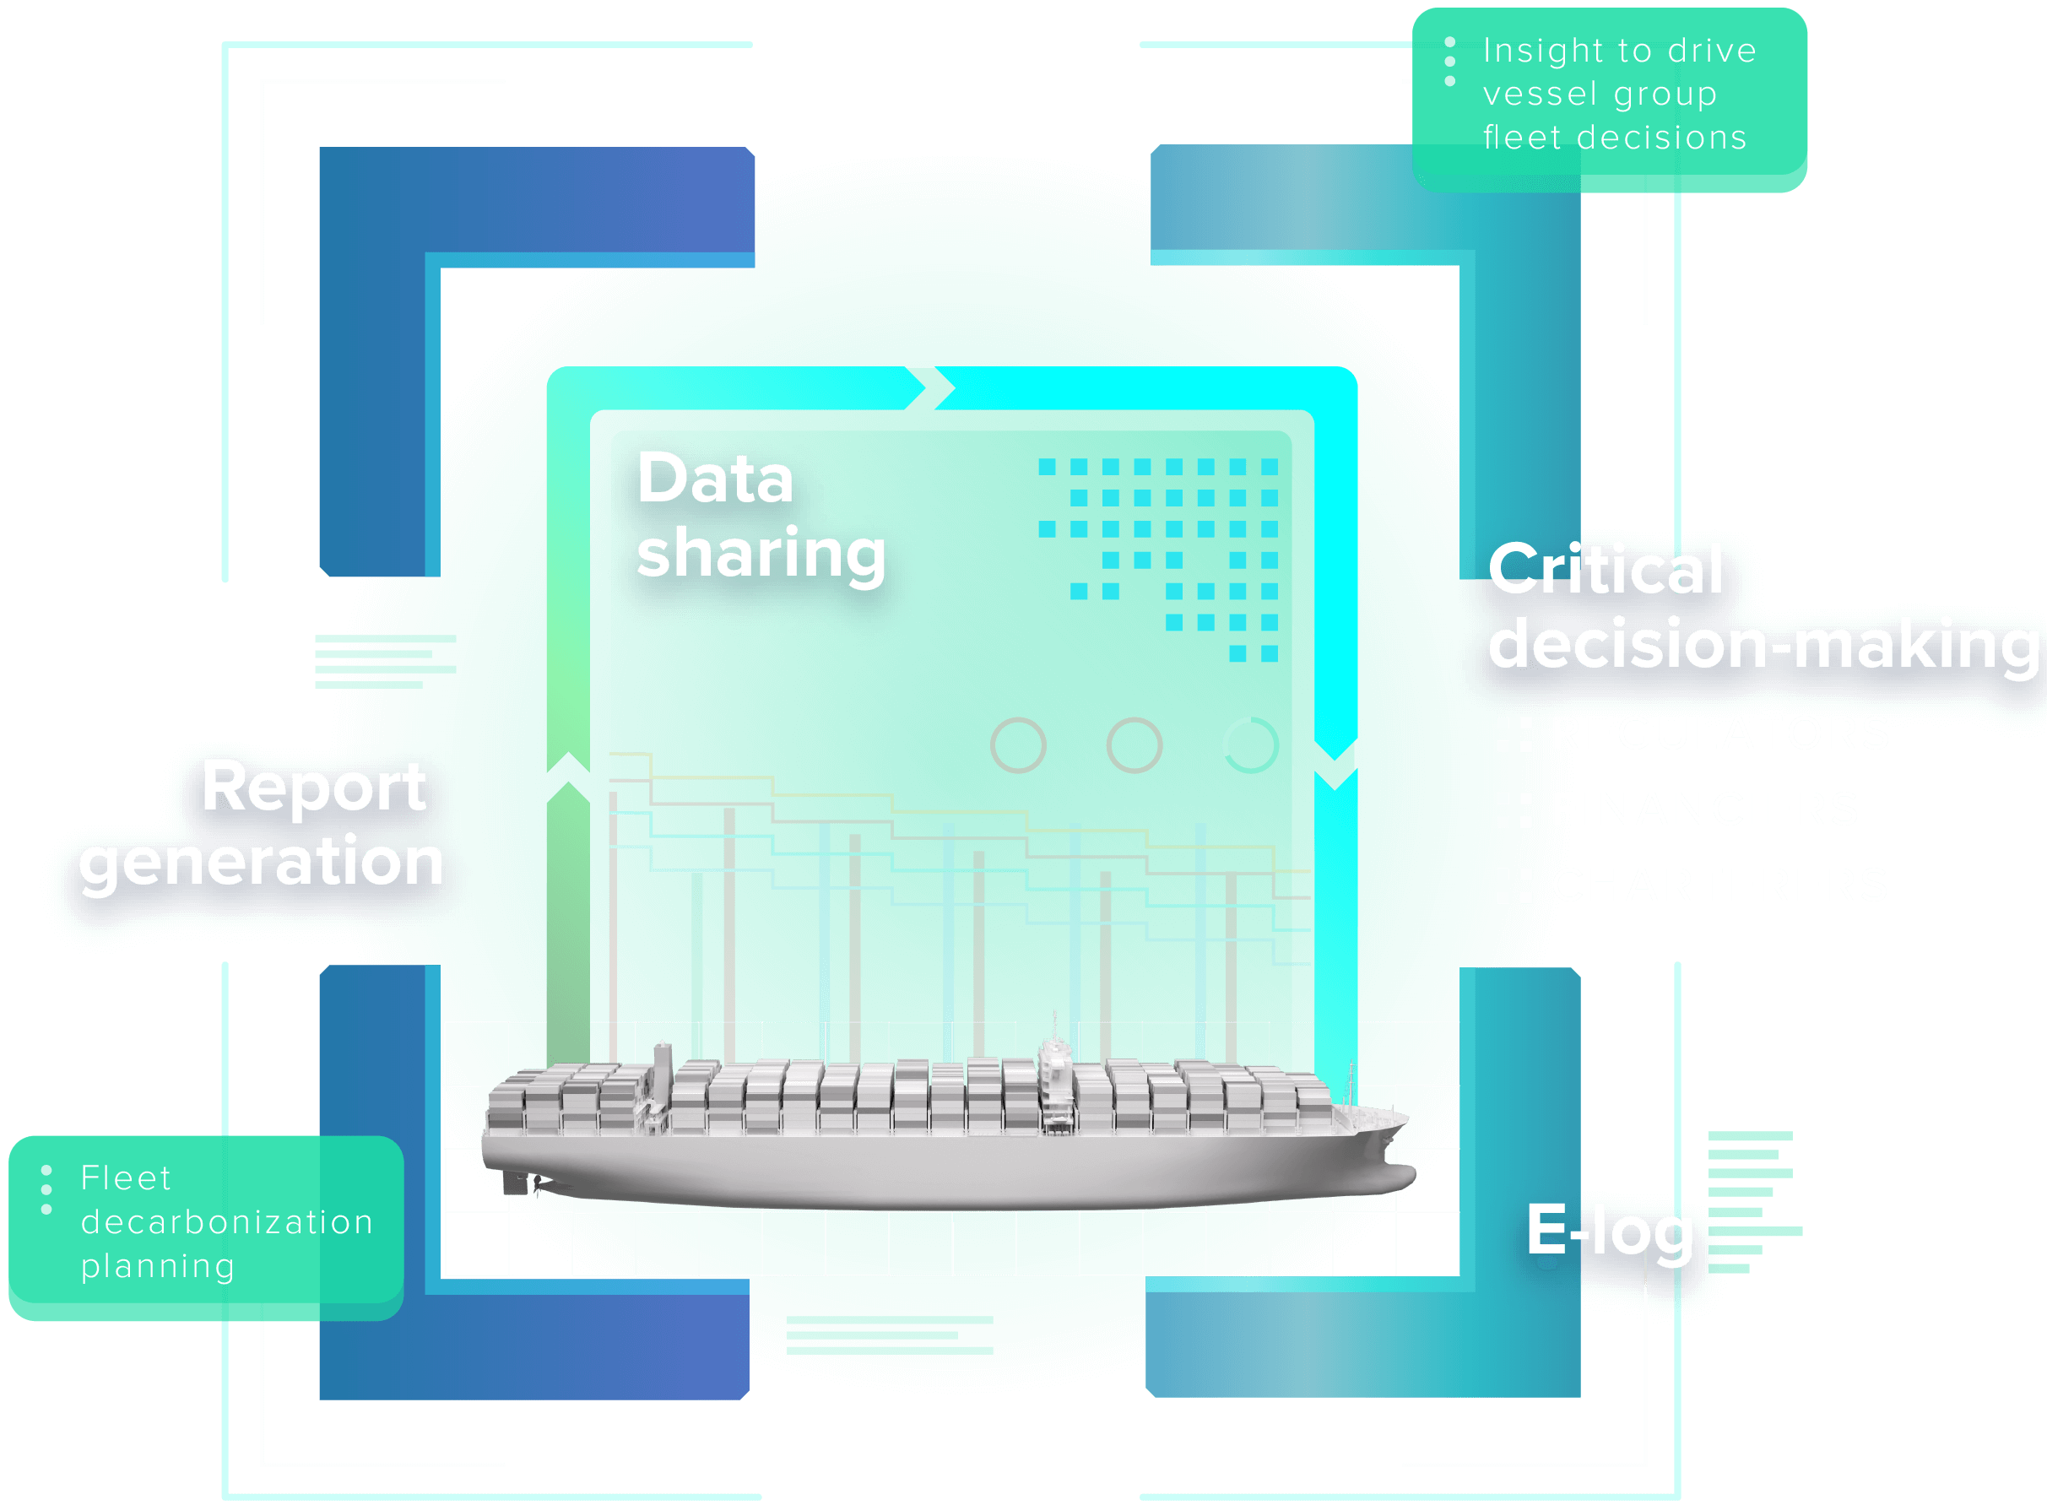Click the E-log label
coord(1610,1231)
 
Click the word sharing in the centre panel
coord(761,554)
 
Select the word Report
coord(313,788)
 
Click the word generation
coord(262,863)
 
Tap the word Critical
coord(1606,571)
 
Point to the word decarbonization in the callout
coord(227,1222)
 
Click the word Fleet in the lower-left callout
coord(126,1179)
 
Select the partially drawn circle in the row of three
coord(1250,745)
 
